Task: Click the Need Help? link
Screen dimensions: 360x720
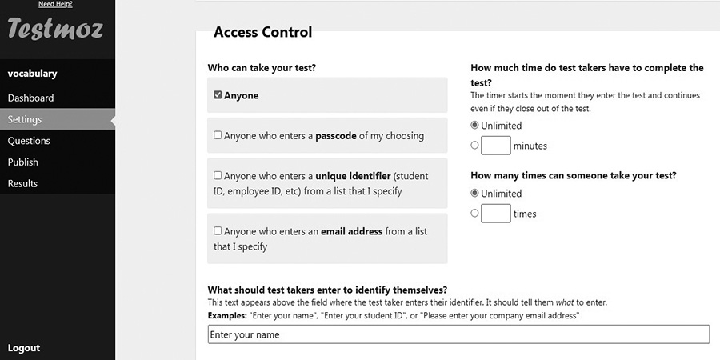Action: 55,4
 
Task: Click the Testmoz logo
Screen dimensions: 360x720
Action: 54,30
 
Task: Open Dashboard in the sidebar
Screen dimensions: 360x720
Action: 30,98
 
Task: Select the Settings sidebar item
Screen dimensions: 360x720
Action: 25,119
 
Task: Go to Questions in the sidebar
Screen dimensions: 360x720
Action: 29,141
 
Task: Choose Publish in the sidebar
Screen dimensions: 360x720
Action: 23,162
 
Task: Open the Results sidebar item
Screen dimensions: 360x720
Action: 22,183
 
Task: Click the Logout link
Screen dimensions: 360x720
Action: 24,348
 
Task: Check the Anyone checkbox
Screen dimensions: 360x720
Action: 218,95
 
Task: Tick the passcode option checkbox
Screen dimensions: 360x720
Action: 218,135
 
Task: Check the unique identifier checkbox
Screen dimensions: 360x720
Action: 218,175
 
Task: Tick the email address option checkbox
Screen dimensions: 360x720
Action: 218,230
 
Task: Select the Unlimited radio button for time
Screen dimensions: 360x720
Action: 475,125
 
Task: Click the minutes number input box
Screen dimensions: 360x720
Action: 496,146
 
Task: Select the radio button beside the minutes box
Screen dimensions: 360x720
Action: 475,146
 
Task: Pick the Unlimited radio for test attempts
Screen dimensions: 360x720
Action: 475,193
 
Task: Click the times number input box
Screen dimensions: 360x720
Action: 496,214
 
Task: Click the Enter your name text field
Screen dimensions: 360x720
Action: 458,334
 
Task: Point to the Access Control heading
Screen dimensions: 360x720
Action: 262,33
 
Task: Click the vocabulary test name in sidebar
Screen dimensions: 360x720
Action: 32,74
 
